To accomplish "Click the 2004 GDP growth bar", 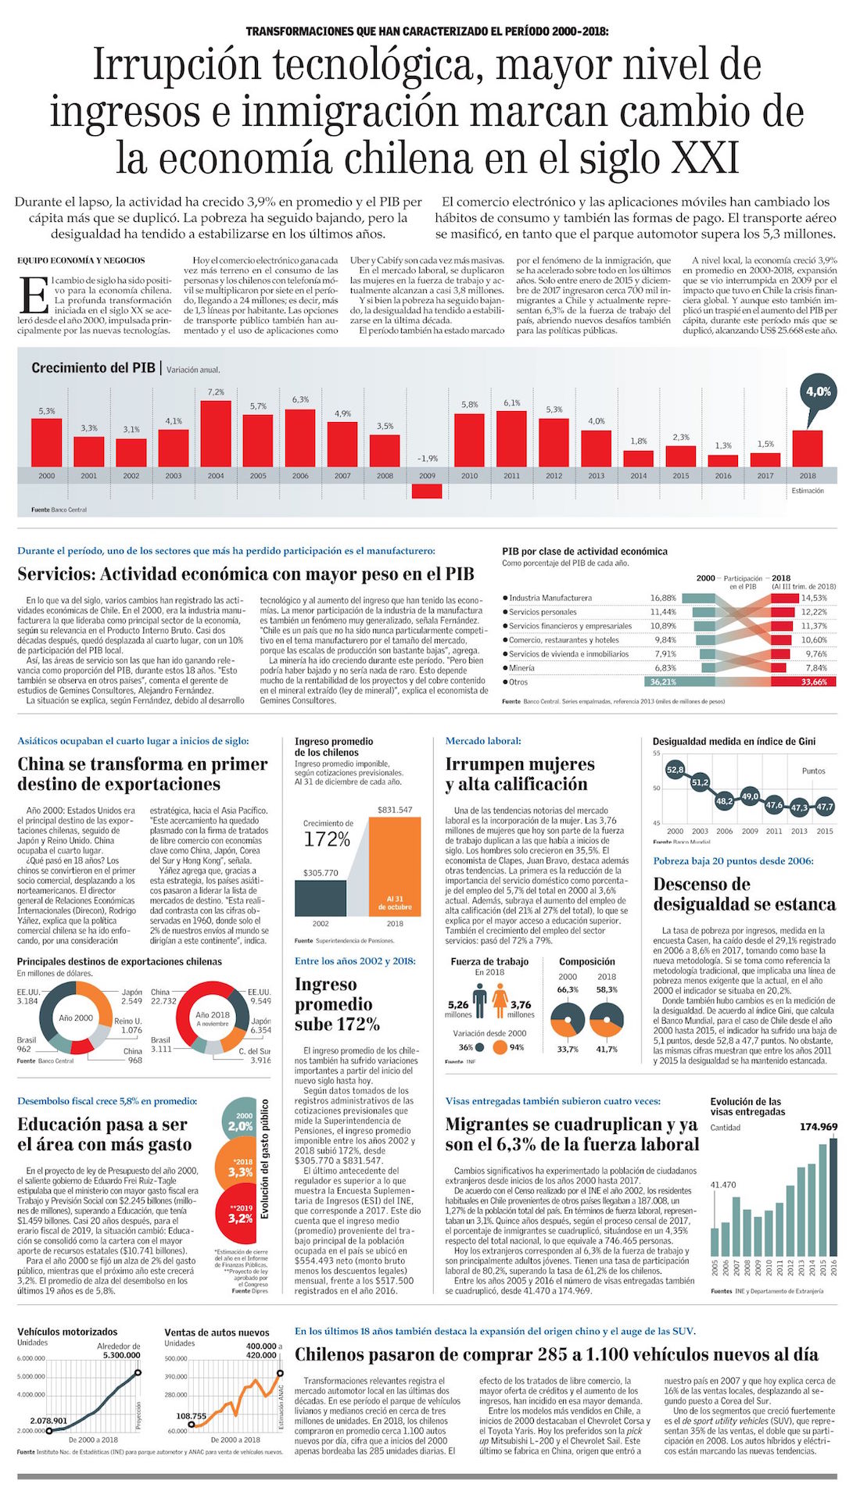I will coord(216,433).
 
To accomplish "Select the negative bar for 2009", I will coord(427,491).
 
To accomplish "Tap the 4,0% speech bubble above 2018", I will coord(818,392).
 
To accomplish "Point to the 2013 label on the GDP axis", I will coord(597,475).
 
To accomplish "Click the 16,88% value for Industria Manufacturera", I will coord(663,598).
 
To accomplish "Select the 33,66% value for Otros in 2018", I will coord(814,682).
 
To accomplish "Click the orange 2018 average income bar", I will coord(395,867).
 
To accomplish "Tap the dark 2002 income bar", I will coord(321,898).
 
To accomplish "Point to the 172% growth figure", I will coord(327,839).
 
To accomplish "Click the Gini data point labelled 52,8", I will coord(675,770).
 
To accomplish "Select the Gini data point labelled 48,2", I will coord(724,801).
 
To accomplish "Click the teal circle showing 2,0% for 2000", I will coord(242,1124).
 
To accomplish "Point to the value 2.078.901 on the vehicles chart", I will coord(48,1421).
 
